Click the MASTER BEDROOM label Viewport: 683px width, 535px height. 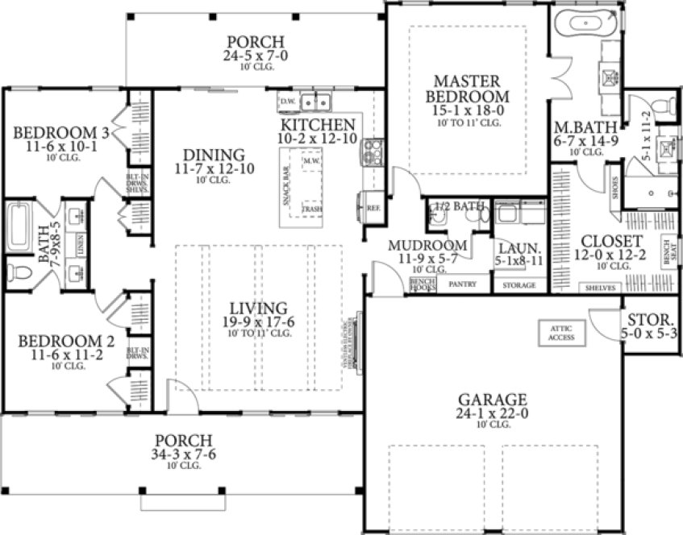click(x=468, y=89)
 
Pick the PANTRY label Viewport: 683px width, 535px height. click(x=462, y=284)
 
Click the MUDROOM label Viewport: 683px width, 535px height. click(x=427, y=245)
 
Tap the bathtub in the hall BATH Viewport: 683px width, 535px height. click(x=18, y=227)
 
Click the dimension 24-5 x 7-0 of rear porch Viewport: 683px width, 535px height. click(x=255, y=56)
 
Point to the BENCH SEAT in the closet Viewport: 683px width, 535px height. click(x=667, y=253)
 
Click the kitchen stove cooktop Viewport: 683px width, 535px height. click(x=373, y=151)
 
